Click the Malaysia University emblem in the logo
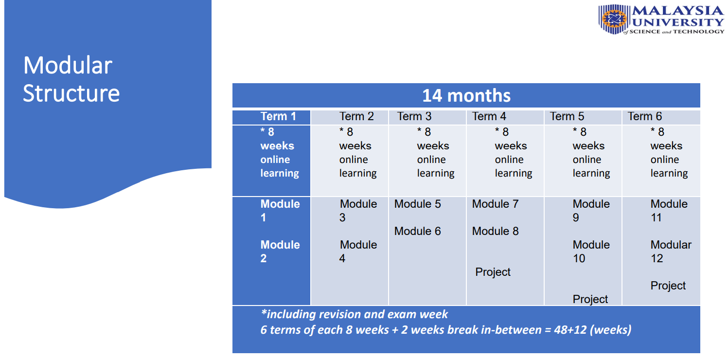(614, 19)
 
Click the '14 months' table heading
(466, 96)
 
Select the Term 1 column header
(278, 116)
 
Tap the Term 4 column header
(489, 116)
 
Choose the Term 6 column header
(645, 116)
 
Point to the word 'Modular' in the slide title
(68, 65)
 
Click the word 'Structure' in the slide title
(71, 93)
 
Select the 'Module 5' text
(418, 204)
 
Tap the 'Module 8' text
(495, 231)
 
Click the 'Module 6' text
(418, 231)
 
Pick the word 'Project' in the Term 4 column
(493, 272)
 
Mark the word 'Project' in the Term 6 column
(668, 286)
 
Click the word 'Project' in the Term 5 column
(590, 299)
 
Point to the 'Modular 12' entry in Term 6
(671, 252)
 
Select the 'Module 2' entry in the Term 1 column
(280, 252)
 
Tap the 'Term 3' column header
(414, 116)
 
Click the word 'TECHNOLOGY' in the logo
(699, 32)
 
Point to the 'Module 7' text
(495, 204)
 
